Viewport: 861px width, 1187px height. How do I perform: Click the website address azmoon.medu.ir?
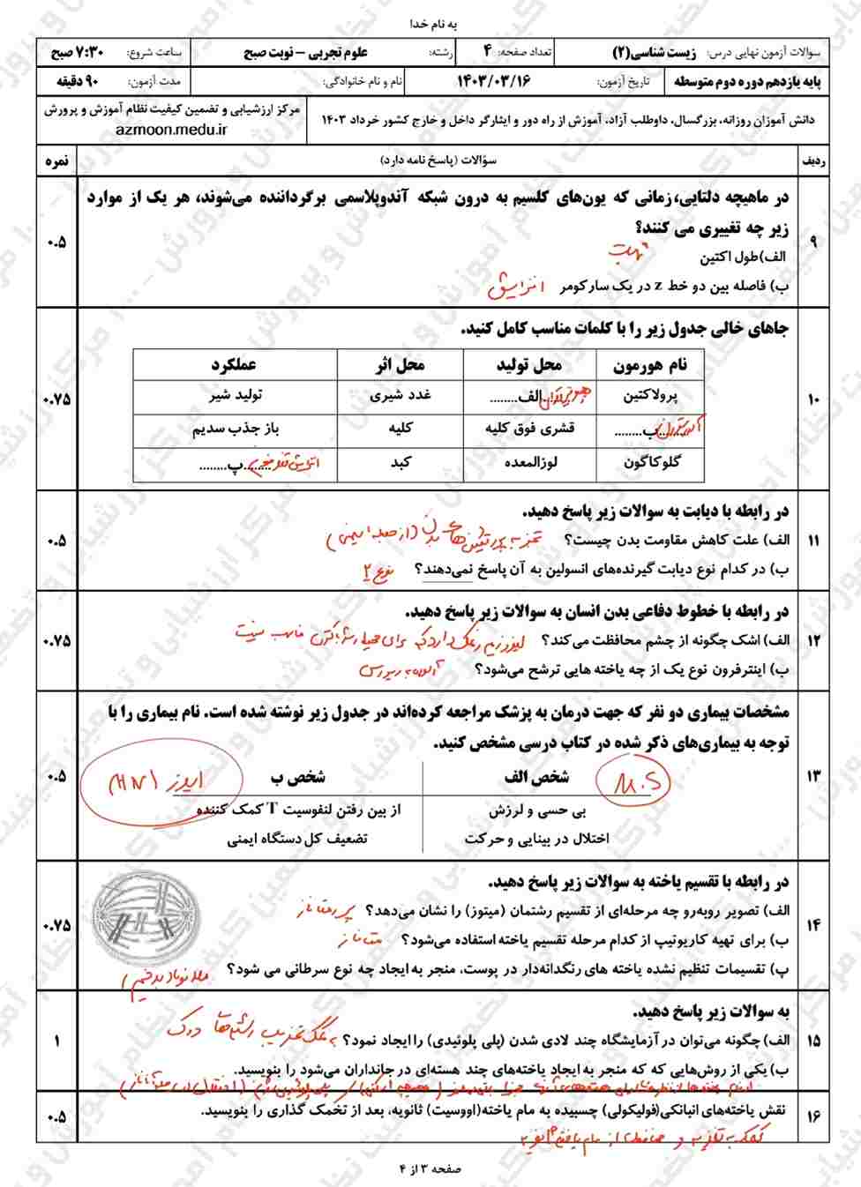coord(171,129)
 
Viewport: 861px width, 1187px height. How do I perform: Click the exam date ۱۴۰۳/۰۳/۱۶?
coord(494,81)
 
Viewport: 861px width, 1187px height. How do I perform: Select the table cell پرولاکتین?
coord(651,396)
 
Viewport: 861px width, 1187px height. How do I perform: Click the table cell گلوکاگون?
coord(651,462)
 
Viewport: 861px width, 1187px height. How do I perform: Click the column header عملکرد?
coord(234,365)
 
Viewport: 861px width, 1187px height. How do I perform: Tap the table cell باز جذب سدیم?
coord(236,429)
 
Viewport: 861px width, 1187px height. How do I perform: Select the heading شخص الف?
coord(536,777)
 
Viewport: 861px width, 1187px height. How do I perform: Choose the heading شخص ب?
coord(298,777)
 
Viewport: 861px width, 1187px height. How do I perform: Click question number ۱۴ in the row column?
coord(812,925)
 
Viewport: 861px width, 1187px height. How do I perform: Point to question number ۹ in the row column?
coord(812,242)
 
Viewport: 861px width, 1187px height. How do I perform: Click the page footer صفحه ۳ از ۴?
coord(430,1168)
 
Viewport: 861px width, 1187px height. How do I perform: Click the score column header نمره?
coord(57,161)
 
